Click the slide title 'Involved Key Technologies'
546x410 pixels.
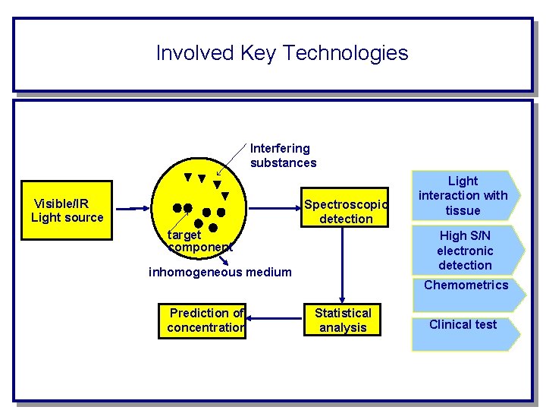pyautogui.click(x=281, y=53)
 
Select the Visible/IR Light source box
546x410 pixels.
pyautogui.click(x=67, y=210)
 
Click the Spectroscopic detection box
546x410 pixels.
pyautogui.click(x=345, y=211)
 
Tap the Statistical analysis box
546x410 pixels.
pyautogui.click(x=343, y=320)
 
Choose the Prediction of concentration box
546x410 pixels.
pyautogui.click(x=202, y=320)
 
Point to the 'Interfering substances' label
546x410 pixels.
pyautogui.click(x=283, y=156)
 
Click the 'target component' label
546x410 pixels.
pyautogui.click(x=199, y=241)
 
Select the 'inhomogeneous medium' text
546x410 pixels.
pyautogui.click(x=220, y=272)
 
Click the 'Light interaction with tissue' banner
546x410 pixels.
pyautogui.click(x=463, y=196)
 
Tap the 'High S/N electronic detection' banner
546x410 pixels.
pyautogui.click(x=465, y=251)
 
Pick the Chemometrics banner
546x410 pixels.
pyautogui.click(x=466, y=285)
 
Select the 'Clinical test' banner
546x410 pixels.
pyautogui.click(x=463, y=325)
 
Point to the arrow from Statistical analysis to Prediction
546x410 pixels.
pyautogui.click(x=275, y=320)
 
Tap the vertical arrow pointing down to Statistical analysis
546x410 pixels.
pyautogui.click(x=343, y=266)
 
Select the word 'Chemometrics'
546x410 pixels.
pyautogui.click(x=466, y=285)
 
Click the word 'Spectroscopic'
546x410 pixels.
pyautogui.click(x=346, y=204)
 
